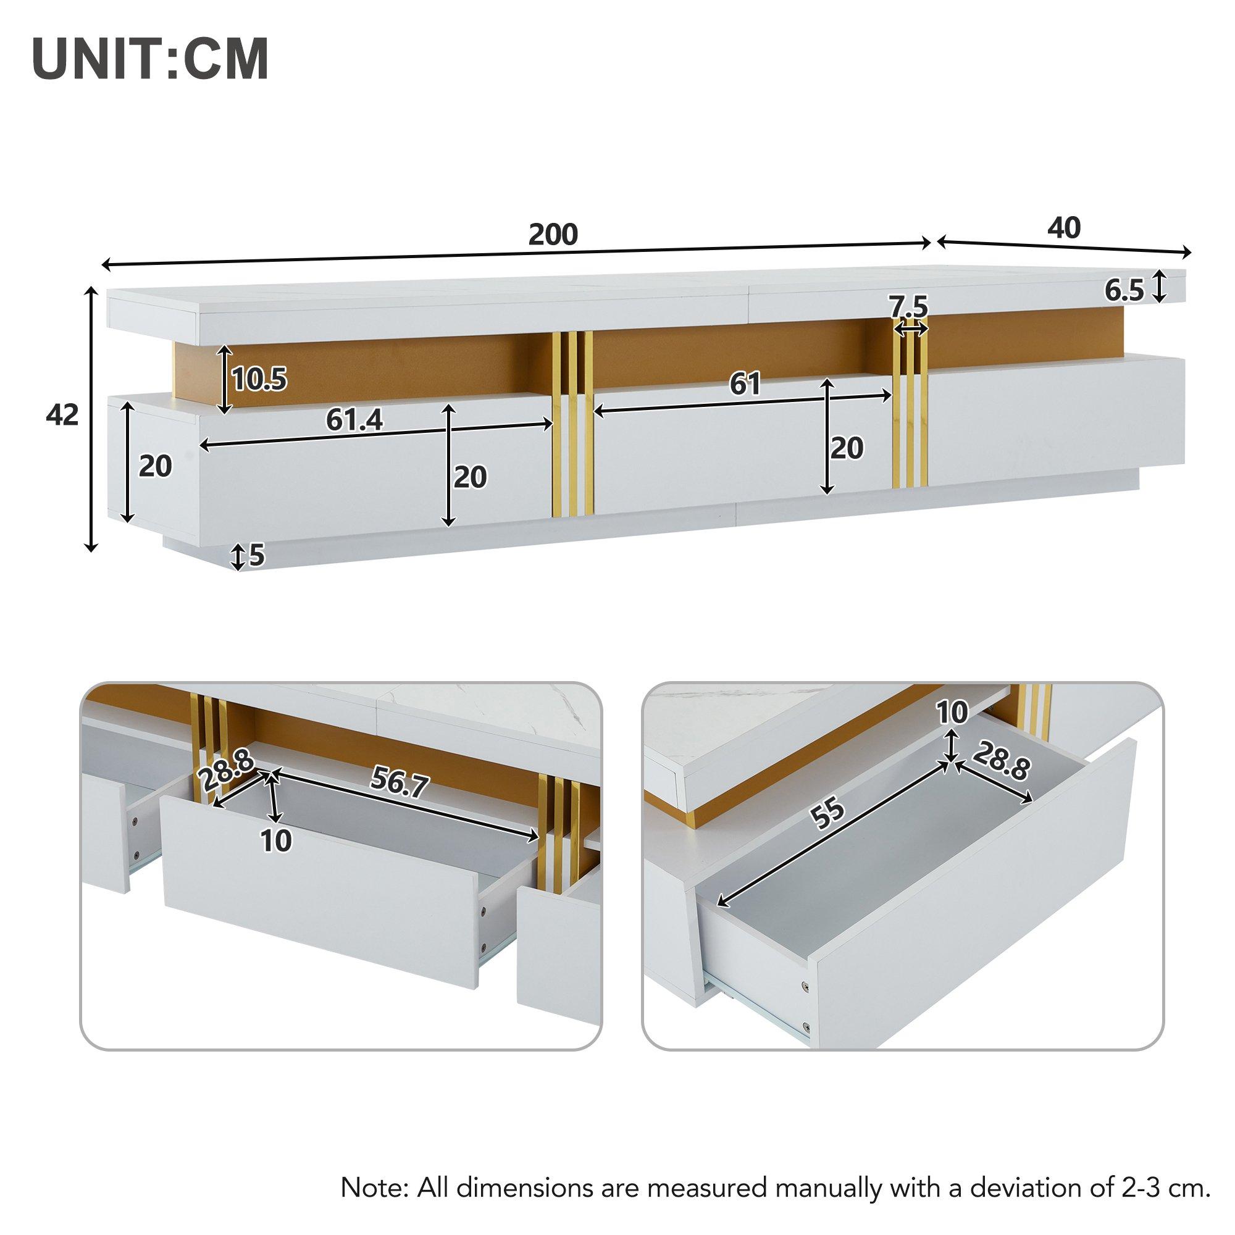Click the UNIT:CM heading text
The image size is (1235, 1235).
point(150,77)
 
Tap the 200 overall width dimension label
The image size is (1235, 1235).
point(553,235)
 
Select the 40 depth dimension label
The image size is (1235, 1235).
point(1065,228)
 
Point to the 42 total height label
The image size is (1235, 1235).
point(62,416)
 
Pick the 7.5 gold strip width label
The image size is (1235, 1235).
point(909,308)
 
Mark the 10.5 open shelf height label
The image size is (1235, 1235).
point(259,380)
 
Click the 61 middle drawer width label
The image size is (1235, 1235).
point(745,384)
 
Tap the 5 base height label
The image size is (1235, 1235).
point(256,556)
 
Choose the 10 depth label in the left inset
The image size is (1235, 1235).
point(276,840)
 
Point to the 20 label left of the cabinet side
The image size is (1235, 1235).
point(156,467)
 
